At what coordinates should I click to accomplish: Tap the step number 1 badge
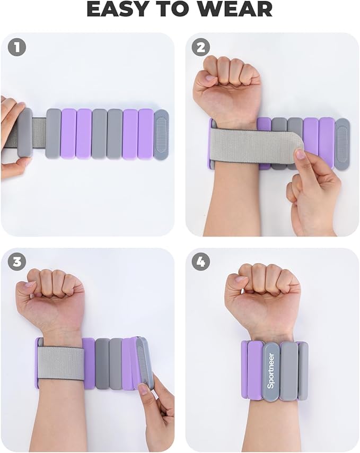(x=17, y=47)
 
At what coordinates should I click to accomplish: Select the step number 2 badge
(x=201, y=47)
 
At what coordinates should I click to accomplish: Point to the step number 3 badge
(x=17, y=262)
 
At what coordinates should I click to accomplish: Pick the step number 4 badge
(x=201, y=262)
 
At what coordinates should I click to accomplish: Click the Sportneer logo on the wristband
(x=271, y=371)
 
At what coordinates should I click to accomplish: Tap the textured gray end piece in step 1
(x=161, y=134)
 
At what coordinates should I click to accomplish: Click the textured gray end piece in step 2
(x=343, y=144)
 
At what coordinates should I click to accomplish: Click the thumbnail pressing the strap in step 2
(x=301, y=154)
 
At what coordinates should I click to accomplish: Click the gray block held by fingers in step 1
(x=24, y=133)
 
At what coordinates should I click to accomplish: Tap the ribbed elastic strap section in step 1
(x=39, y=133)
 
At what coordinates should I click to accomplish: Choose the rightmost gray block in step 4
(x=303, y=371)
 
